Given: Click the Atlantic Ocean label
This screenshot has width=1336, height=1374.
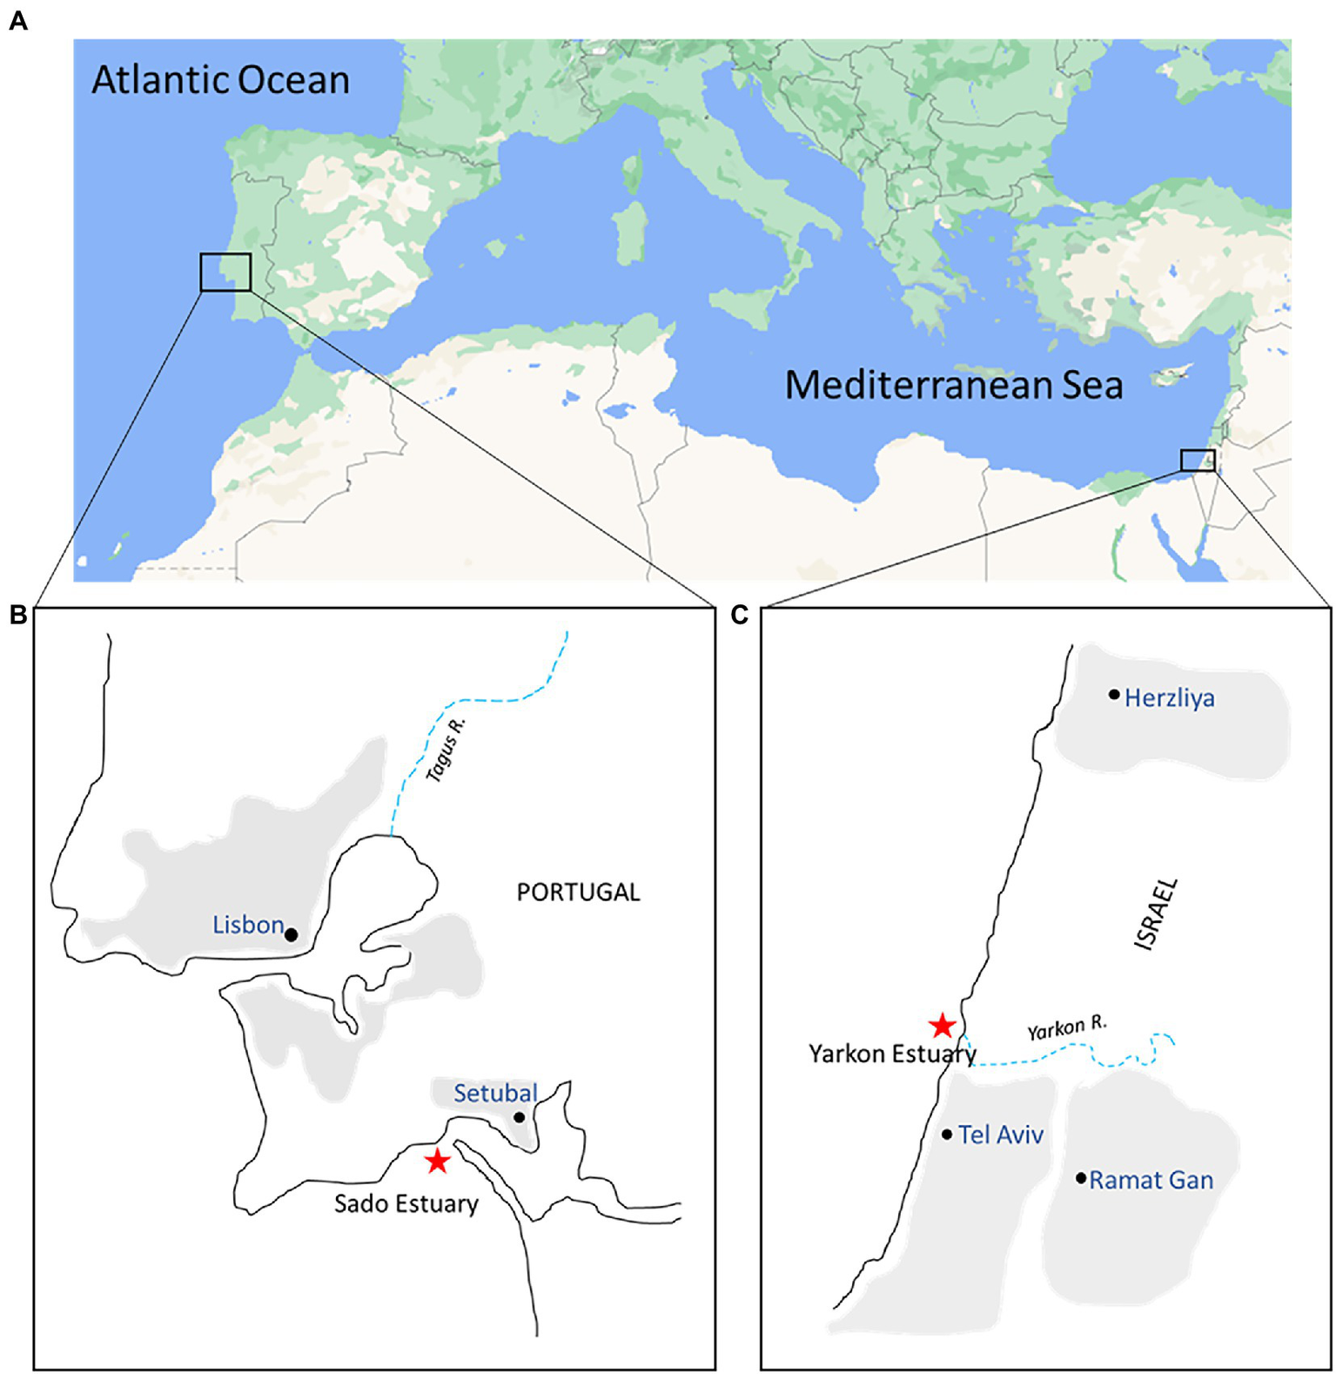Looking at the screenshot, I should pos(220,80).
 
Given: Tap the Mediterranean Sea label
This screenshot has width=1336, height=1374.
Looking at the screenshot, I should pos(954,385).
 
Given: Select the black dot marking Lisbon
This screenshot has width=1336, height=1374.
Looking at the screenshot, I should pos(292,934).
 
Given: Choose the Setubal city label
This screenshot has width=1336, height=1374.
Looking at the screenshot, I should pos(495,1093).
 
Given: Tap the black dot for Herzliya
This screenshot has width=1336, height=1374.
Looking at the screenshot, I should pos(1114,695).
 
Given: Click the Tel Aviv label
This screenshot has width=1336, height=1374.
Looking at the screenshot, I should pos(1001,1135).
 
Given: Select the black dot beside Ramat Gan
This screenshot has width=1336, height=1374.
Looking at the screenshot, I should pos(1081,1178).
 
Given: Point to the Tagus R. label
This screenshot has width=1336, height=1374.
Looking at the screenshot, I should pos(446,750).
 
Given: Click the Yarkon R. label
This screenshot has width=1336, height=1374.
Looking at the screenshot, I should pos(1067,1028).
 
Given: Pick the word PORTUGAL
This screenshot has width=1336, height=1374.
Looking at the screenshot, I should pos(578,892).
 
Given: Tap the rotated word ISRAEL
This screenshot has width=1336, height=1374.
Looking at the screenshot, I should pos(1157,914).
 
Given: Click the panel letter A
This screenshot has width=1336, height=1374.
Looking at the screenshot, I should pos(18,21).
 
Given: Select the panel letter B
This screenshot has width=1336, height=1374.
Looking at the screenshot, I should pos(18,615).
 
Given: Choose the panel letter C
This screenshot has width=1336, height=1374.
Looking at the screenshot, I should pos(740,615).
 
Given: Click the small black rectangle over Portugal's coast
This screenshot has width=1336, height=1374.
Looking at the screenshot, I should pos(225,273).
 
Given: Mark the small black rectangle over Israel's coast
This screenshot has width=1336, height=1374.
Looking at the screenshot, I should pos(1198,460).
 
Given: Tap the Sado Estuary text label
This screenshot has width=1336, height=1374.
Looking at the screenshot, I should pos(406,1204).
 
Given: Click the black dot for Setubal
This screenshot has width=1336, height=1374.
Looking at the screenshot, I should pos(520,1117).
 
